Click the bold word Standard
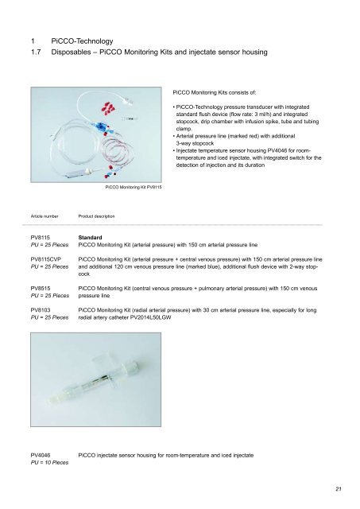tap(93, 238)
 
